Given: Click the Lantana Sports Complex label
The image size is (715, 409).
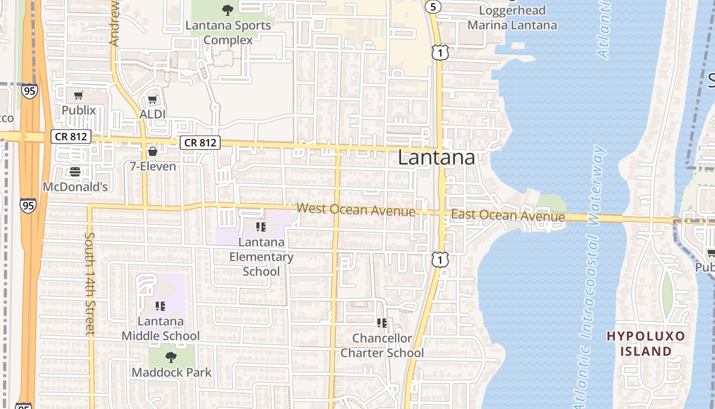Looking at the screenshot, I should [x=228, y=33].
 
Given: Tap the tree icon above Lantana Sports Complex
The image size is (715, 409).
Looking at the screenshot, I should [x=228, y=10].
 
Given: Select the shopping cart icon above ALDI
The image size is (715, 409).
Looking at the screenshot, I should [x=153, y=99].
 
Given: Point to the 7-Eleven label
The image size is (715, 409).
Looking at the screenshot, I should [x=153, y=166].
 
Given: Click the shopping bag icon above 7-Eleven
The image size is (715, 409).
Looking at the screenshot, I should [x=153, y=151].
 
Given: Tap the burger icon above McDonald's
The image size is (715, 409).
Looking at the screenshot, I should [x=75, y=172].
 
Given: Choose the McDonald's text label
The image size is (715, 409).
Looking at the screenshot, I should [x=75, y=187].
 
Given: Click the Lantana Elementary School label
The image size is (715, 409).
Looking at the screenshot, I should [x=261, y=256].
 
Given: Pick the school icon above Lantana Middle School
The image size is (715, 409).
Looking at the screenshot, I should [x=160, y=306].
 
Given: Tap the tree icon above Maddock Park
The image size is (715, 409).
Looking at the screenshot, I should [x=171, y=357].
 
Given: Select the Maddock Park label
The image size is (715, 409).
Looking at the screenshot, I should [x=171, y=372].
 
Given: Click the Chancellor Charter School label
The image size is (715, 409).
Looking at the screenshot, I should [x=382, y=346].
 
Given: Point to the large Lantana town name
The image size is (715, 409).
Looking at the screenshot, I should [x=436, y=158].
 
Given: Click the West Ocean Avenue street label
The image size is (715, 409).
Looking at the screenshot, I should [x=356, y=210].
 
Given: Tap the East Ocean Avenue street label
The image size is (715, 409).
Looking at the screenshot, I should [x=508, y=216].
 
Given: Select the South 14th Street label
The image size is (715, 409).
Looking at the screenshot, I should [x=90, y=284].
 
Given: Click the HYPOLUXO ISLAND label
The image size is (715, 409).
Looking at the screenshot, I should [x=646, y=344].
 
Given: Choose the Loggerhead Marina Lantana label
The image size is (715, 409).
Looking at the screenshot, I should [x=512, y=18].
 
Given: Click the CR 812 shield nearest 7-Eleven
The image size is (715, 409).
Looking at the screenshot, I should [x=200, y=143].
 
